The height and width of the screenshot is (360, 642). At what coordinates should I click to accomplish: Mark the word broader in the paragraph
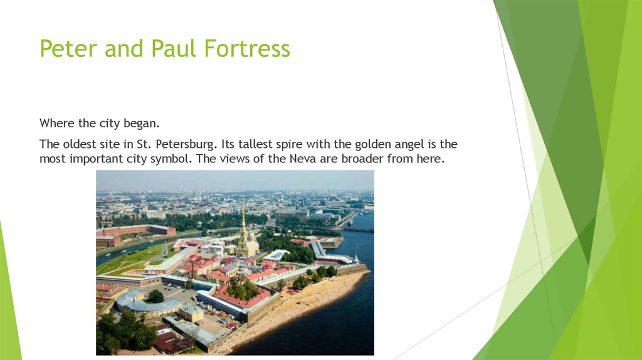362,159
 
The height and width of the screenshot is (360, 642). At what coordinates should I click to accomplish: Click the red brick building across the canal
135,231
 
